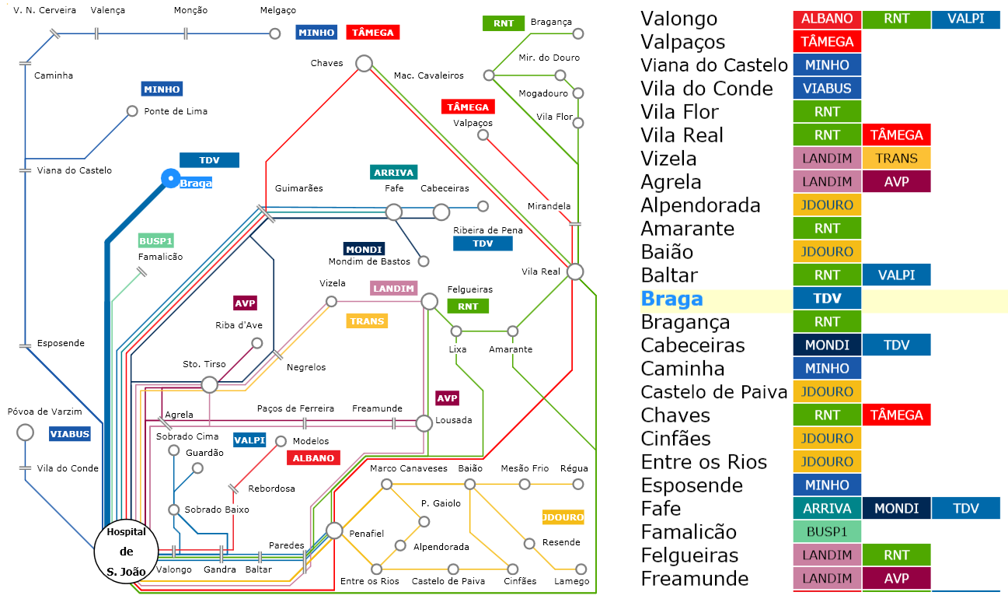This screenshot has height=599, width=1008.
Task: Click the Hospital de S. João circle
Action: [127, 552]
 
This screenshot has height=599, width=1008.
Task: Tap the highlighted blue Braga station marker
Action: [170, 179]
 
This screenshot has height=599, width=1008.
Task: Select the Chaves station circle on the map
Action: [364, 64]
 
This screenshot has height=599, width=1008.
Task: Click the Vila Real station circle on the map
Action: [575, 271]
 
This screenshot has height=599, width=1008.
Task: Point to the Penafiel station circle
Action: [334, 531]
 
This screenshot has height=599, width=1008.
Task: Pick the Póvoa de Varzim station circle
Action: [25, 433]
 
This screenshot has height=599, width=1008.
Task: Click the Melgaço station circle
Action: [275, 33]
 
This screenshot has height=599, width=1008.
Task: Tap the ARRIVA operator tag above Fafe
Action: [394, 172]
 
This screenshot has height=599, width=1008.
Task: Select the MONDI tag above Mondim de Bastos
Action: [364, 249]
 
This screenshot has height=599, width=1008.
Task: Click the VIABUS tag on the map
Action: [70, 434]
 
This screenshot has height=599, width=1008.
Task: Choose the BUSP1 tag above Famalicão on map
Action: [155, 241]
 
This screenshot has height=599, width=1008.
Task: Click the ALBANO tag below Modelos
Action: [314, 458]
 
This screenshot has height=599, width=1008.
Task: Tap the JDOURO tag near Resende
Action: [563, 517]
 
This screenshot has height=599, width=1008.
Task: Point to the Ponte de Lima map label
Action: [176, 111]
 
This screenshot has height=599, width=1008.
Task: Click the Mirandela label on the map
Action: [549, 206]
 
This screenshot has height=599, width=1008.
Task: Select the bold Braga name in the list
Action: [671, 299]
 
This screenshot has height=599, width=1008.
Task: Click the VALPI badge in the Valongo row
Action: [966, 19]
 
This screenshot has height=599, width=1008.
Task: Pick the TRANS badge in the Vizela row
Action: [896, 159]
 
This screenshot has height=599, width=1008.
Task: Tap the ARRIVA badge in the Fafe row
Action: [827, 509]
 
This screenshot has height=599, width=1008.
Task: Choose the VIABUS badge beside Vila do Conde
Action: [827, 88]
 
